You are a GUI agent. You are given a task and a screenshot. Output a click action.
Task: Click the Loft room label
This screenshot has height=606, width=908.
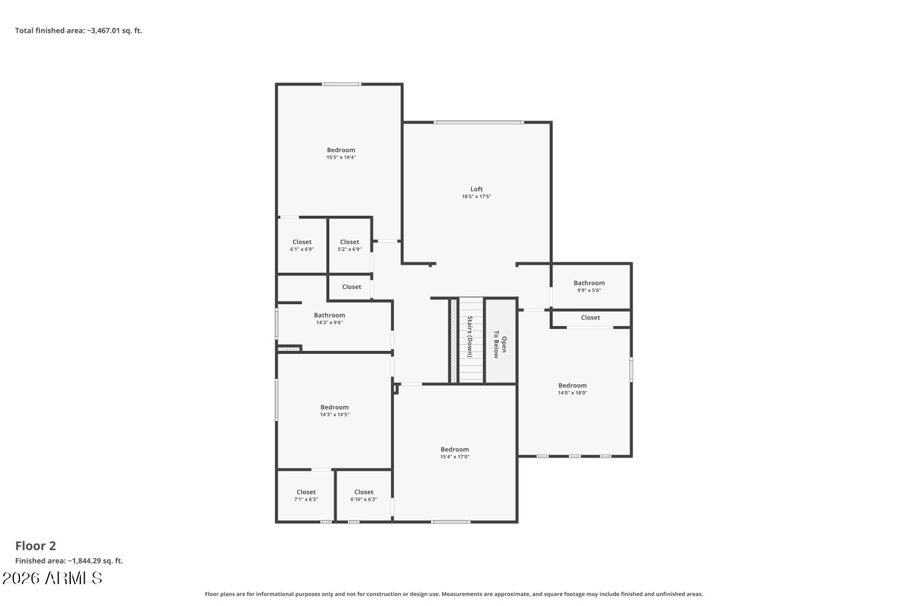pos(476,189)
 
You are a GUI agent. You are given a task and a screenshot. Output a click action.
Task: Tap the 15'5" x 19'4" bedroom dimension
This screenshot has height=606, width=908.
pos(341,158)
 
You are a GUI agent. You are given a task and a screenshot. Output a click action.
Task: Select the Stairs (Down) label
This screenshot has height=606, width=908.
pos(470,336)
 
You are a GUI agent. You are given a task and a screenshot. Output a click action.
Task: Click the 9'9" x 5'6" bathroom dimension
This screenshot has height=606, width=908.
pos(589,291)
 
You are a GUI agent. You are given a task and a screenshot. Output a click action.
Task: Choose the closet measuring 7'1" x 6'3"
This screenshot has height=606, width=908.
pos(306,496)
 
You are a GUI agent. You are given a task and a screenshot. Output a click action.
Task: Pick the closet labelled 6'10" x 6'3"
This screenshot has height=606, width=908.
pos(364,496)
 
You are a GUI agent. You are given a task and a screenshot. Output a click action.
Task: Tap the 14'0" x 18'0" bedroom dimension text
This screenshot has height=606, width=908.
pos(573,393)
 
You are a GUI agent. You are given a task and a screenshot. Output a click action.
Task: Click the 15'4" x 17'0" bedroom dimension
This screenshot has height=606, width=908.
pos(455,457)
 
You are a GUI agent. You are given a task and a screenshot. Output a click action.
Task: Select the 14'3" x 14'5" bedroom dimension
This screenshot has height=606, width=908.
pos(334,415)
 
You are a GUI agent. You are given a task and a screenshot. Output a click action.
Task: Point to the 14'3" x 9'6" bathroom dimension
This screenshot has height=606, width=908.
pos(329,322)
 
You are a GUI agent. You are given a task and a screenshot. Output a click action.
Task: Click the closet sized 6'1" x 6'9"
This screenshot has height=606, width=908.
pos(302,245)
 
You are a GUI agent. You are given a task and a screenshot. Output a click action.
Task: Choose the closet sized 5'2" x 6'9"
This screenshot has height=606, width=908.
pos(349,245)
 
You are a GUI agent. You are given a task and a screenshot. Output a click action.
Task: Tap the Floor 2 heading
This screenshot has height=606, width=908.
pos(36,546)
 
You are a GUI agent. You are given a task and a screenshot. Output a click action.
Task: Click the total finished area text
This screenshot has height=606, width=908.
pos(79,30)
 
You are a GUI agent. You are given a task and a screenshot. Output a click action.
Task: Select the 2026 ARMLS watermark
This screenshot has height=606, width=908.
pos(52,578)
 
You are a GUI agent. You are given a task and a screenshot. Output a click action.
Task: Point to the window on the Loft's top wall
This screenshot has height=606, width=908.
pos(479,122)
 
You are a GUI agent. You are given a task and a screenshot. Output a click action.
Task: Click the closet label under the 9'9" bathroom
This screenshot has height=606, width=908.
pos(590,318)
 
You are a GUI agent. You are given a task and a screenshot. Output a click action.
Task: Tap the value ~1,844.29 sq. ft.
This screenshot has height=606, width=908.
pos(95,561)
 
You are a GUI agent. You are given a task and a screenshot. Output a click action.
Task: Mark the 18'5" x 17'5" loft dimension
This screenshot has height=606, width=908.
pos(476,196)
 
